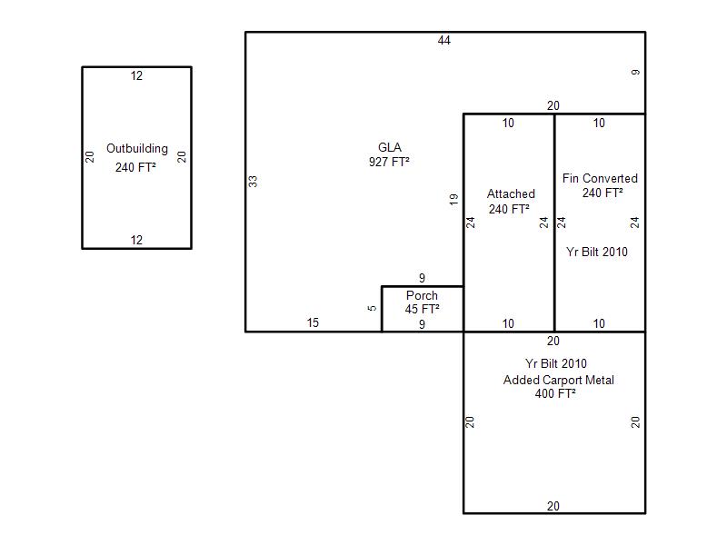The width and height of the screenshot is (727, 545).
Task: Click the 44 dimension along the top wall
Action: click(x=443, y=40)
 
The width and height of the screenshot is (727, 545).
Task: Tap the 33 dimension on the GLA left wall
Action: click(x=253, y=181)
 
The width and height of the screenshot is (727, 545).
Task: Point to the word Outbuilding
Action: click(x=137, y=149)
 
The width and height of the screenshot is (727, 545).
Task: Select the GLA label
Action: click(x=390, y=147)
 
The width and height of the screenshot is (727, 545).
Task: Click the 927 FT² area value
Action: click(x=389, y=162)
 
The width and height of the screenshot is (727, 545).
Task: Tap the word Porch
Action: click(x=422, y=296)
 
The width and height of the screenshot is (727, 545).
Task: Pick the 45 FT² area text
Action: click(x=422, y=309)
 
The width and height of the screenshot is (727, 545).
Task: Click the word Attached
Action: click(x=511, y=193)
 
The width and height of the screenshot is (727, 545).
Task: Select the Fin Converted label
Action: click(x=600, y=178)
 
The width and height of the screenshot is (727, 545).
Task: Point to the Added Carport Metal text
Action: click(x=559, y=380)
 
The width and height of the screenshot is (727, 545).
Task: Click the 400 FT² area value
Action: click(x=555, y=393)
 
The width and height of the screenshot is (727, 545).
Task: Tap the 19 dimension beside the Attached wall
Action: click(x=453, y=199)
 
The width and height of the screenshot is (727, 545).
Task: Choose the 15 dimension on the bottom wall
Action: click(x=313, y=322)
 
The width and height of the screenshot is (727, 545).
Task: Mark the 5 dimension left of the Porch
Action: click(x=372, y=308)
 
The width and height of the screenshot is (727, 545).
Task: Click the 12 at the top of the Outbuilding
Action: click(x=136, y=75)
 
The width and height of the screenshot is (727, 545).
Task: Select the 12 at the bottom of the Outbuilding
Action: click(x=136, y=240)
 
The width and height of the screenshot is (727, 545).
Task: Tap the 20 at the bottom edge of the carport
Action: click(x=553, y=506)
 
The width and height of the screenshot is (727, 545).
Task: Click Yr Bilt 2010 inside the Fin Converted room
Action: click(x=597, y=252)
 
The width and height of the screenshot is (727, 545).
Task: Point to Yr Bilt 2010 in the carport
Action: click(x=556, y=363)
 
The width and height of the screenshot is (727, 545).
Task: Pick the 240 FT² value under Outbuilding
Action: click(x=135, y=167)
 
